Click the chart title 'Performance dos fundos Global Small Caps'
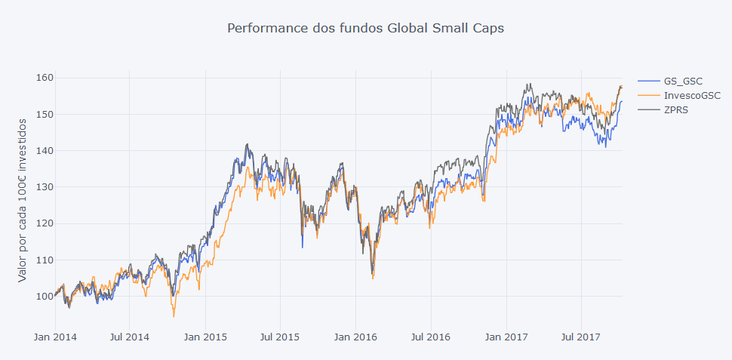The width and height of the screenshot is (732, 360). [x=365, y=29]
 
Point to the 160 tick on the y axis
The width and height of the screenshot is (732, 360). [x=44, y=78]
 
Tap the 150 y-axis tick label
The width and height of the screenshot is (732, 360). [x=44, y=114]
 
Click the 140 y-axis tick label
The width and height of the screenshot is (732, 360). [x=44, y=150]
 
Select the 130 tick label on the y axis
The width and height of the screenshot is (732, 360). [x=44, y=187]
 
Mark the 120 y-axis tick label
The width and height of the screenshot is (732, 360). [x=44, y=223]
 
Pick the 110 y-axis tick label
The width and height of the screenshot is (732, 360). [x=44, y=260]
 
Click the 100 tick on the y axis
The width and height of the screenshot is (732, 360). [x=44, y=296]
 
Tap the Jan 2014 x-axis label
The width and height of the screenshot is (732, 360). [x=54, y=337]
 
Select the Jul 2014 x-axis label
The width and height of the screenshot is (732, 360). [x=128, y=337]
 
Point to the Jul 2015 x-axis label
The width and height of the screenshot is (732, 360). [x=279, y=337]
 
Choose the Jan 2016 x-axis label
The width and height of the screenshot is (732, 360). [x=355, y=337]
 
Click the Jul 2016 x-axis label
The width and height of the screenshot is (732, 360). [x=430, y=337]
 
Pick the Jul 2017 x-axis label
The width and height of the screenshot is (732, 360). [x=580, y=337]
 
